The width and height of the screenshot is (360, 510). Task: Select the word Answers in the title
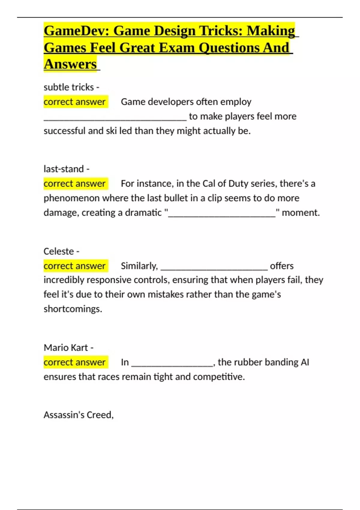coord(70,64)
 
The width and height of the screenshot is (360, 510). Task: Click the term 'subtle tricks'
coord(69,87)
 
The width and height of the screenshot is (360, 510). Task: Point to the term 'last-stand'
coord(64,169)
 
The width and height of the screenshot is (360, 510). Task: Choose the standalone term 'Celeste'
coord(58,251)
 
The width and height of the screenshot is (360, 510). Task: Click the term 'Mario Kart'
coord(66,348)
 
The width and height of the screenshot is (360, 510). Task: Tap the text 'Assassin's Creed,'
coord(79,415)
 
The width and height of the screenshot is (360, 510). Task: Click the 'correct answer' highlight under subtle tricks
coord(74,102)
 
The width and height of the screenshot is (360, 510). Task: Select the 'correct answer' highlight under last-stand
coord(74,184)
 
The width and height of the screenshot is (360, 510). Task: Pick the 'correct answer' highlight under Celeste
coord(74,266)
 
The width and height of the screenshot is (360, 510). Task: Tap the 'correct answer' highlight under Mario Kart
coord(74,362)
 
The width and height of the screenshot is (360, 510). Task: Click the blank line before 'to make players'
coord(115,119)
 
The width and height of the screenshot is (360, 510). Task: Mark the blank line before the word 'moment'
coord(222,215)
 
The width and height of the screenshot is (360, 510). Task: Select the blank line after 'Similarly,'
coord(214,268)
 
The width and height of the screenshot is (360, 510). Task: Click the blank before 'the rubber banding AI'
coord(172,364)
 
